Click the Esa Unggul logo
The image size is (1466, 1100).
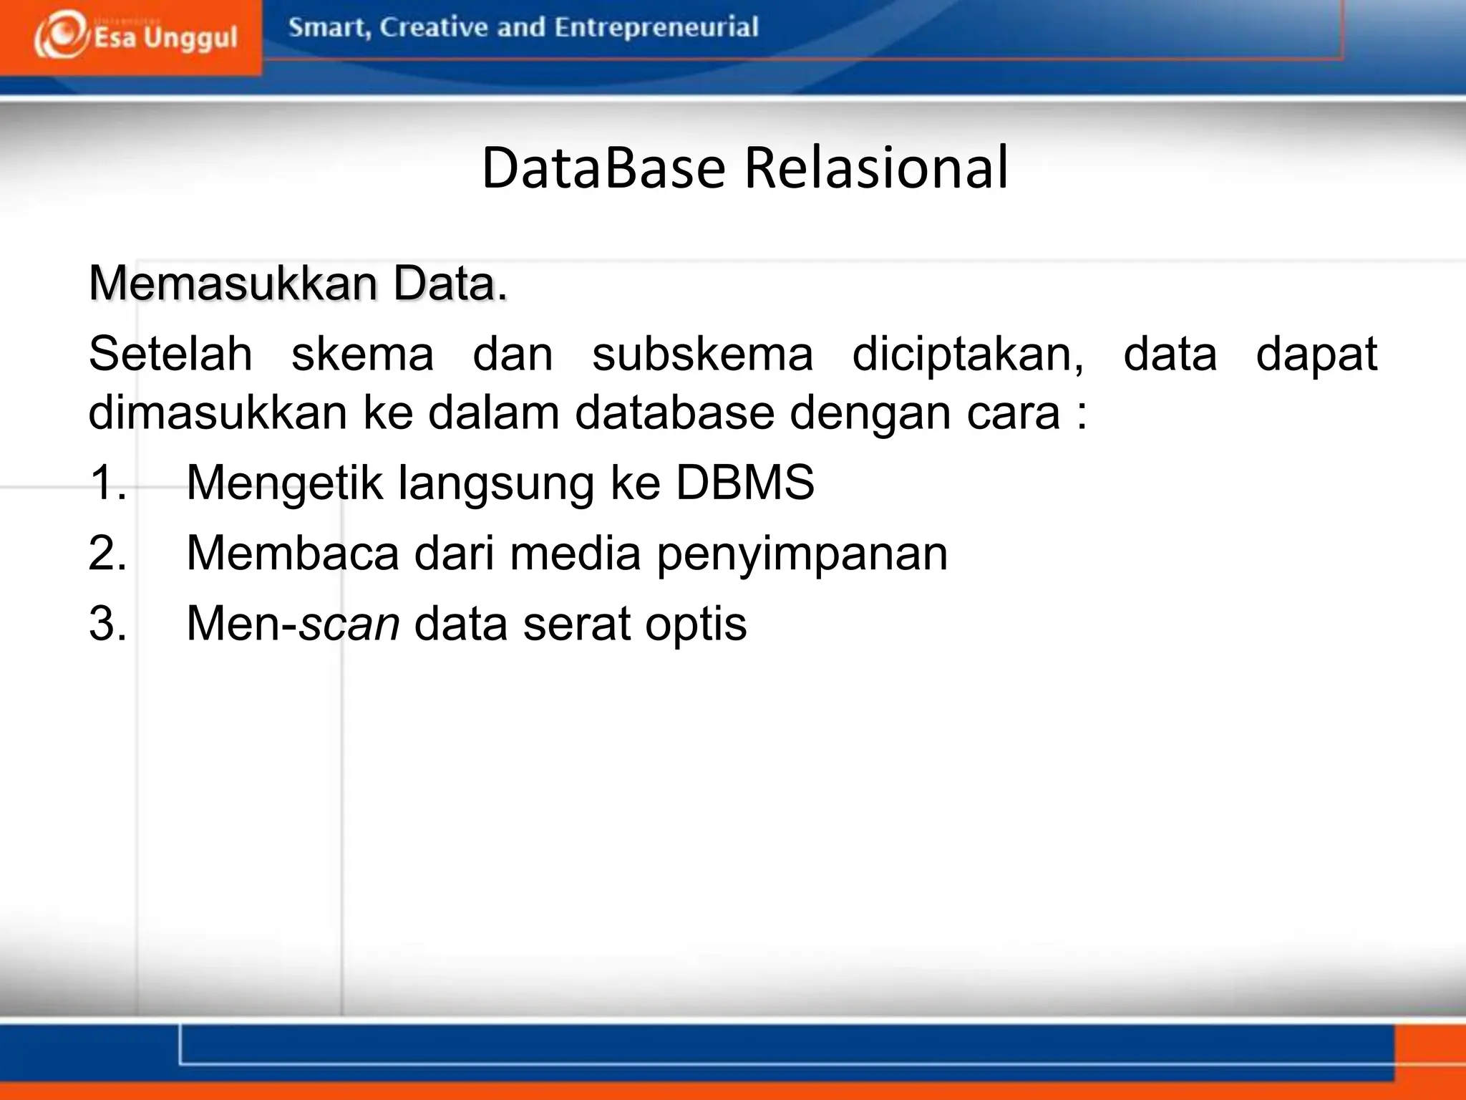coord(135,36)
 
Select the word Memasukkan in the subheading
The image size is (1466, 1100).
coord(233,284)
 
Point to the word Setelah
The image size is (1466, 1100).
coord(170,354)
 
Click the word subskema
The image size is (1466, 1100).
coord(702,354)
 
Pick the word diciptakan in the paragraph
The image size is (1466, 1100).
coord(967,355)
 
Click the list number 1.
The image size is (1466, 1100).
coord(107,482)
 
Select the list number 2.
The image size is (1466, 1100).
coord(107,553)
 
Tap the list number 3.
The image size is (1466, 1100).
coord(107,623)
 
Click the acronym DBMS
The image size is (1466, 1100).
coord(744,482)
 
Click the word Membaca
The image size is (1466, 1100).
coord(292,553)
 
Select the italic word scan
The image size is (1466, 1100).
coord(349,624)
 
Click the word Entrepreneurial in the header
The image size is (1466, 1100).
coord(656,28)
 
